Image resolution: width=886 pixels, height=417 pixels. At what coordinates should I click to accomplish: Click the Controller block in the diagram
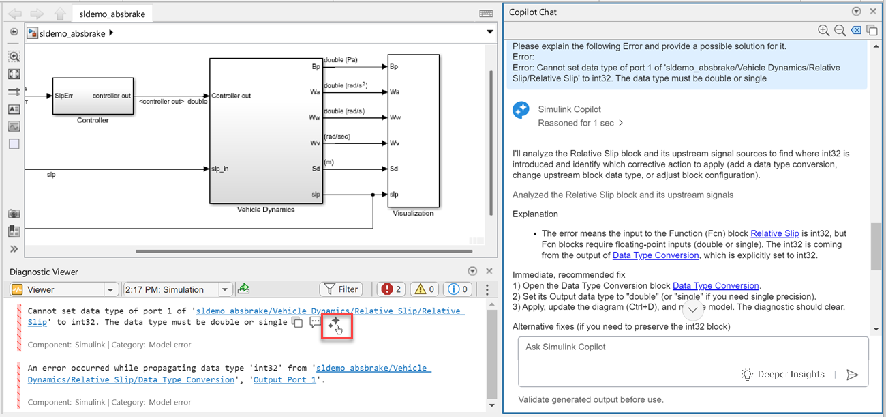(93, 96)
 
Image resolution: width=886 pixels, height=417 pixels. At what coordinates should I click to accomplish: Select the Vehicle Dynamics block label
(266, 210)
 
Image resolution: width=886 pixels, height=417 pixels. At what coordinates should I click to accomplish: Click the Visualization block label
(413, 213)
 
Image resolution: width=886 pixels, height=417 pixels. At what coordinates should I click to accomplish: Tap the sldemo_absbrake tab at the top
(112, 14)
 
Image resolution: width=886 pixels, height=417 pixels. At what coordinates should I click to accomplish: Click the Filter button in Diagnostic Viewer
(341, 289)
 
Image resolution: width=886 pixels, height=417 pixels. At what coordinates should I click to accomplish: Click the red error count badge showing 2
(391, 289)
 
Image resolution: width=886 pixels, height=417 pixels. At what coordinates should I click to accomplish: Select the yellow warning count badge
(425, 289)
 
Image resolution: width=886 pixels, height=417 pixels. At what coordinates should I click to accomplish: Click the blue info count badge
(457, 289)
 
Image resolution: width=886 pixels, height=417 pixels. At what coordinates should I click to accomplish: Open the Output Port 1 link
(285, 379)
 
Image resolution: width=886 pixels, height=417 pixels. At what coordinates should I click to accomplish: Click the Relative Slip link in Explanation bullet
(774, 233)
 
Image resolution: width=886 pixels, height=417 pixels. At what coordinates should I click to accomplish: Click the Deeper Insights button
(783, 374)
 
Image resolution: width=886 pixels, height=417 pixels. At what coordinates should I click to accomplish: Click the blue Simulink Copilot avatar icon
(521, 110)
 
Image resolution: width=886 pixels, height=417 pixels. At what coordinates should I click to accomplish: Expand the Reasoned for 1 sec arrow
(621, 123)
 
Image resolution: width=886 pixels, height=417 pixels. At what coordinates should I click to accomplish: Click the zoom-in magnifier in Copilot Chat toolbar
(823, 31)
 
